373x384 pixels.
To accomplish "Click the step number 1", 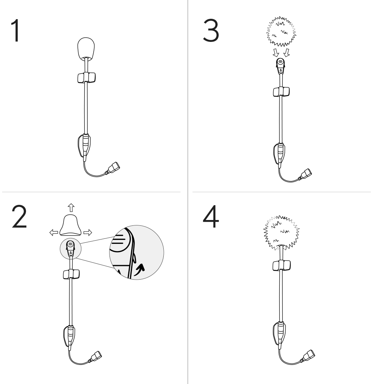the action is tap(16, 31).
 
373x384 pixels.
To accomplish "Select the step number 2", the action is tap(19, 217).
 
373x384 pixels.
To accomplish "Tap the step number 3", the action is tap(211, 31).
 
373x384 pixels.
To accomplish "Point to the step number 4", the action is tap(211, 217).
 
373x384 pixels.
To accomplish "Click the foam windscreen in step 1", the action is tap(86, 49).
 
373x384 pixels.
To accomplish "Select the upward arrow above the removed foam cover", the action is tap(71, 207).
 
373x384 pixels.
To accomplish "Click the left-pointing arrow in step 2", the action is tap(53, 232).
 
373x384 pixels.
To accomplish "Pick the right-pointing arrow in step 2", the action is tap(87, 232).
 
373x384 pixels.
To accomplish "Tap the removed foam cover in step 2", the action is tap(70, 225).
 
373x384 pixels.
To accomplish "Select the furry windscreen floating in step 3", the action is tap(281, 31).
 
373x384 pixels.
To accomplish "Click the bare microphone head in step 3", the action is tap(280, 66).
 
